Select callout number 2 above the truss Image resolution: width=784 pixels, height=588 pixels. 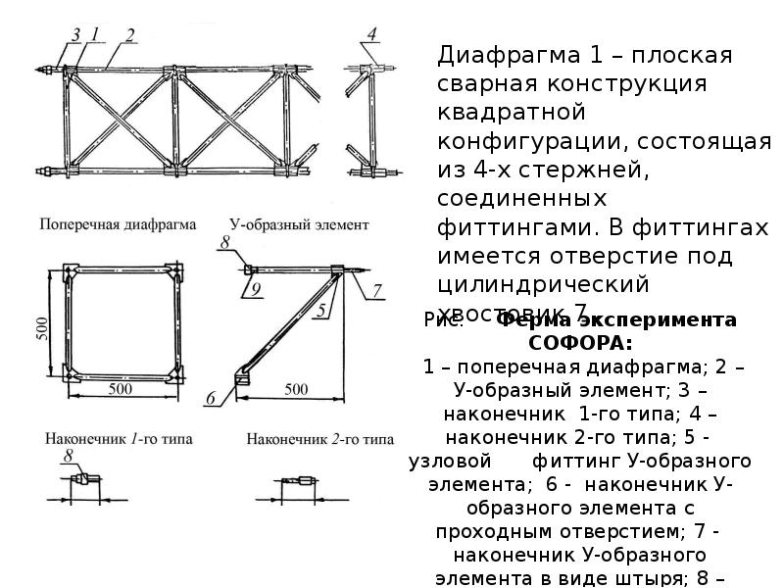[128, 35]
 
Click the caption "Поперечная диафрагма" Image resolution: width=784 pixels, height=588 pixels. [118, 224]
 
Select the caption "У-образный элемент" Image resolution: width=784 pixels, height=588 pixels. [299, 224]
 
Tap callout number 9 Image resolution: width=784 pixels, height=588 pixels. [253, 289]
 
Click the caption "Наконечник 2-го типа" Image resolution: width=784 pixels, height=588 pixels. [320, 439]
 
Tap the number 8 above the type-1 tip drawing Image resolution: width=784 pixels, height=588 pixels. [69, 458]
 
